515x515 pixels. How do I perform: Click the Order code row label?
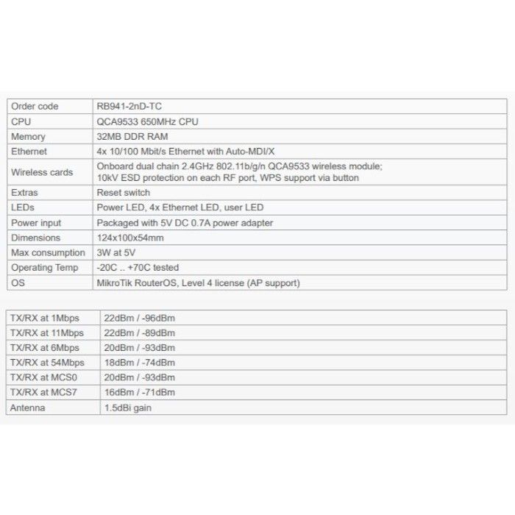coord(35,107)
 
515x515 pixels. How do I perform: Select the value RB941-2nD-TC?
coord(129,107)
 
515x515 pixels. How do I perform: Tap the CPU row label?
coord(21,121)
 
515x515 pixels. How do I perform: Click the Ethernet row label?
coord(29,152)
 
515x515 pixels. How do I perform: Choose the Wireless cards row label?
coord(42,172)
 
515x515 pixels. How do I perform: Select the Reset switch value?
coord(123,193)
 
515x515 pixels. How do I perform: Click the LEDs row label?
coord(23,207)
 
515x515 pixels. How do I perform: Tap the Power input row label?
coord(36,223)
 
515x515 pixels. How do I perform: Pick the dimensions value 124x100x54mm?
coord(130,238)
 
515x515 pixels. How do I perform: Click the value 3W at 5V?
coord(116,253)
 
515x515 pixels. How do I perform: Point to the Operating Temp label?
coord(44,268)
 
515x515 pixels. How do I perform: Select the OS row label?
coord(18,283)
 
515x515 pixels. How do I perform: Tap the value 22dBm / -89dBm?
coord(140,333)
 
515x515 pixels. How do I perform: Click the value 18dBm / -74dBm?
coord(140,363)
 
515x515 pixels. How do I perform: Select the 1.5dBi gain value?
coord(129,408)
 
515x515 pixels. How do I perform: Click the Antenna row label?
coord(28,408)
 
